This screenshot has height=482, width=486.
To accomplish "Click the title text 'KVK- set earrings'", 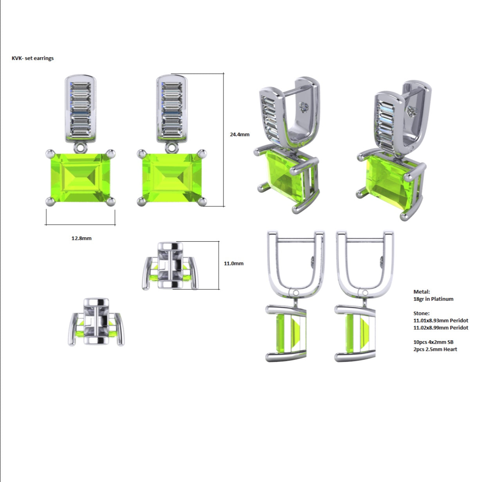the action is (33, 58).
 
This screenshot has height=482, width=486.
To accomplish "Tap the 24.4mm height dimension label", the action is (239, 135).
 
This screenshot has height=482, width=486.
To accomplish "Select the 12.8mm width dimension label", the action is (81, 238).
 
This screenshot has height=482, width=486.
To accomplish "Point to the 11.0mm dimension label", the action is (234, 264).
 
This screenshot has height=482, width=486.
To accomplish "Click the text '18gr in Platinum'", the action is (434, 299).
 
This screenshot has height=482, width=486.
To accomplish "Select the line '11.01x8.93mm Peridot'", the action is (441, 321).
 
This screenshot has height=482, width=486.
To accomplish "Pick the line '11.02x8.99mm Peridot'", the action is (441, 328).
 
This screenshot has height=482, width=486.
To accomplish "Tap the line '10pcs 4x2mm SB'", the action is (434, 342).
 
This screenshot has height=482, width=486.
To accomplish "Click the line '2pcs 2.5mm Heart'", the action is (435, 349).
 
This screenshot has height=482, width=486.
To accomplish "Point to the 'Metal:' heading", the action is (422, 292).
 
